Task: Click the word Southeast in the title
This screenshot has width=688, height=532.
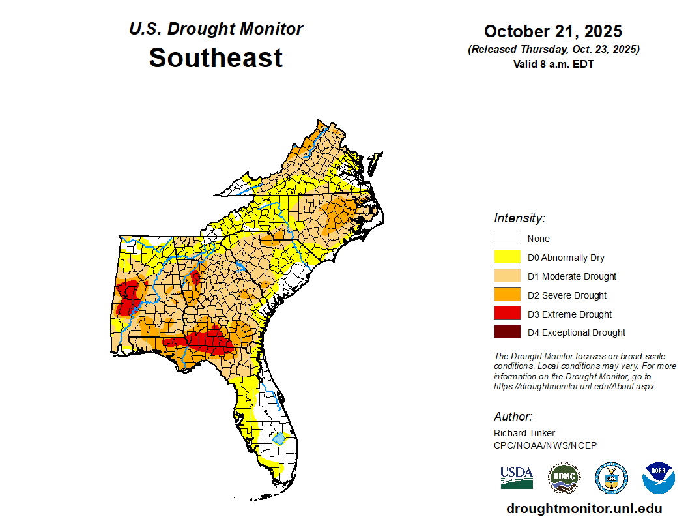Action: tap(216, 57)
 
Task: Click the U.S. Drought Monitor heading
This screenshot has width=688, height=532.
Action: tap(216, 29)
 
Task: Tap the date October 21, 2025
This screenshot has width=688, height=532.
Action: tap(553, 31)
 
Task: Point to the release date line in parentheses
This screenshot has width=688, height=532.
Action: tap(553, 50)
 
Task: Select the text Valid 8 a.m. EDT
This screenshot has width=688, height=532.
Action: tap(553, 64)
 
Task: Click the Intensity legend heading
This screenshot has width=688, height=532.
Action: tap(519, 218)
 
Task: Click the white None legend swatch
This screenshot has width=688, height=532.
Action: tap(507, 239)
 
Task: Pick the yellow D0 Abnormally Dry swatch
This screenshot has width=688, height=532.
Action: tap(507, 258)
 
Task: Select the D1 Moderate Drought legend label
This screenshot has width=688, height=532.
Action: tap(572, 276)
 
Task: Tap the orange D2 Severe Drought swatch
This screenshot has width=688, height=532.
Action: tap(507, 295)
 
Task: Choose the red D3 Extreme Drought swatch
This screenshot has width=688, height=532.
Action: tap(507, 314)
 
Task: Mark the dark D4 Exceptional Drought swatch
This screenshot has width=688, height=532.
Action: tap(507, 332)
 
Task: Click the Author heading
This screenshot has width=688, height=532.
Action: tap(513, 417)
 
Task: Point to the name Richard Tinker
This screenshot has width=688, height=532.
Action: tap(524, 434)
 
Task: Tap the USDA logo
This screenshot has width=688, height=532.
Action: tap(517, 478)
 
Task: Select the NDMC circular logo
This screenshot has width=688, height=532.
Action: tap(564, 478)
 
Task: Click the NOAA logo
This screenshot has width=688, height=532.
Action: tap(658, 478)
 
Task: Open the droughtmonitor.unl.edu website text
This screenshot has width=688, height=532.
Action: tap(584, 509)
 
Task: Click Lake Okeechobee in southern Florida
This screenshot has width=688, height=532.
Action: tap(279, 439)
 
